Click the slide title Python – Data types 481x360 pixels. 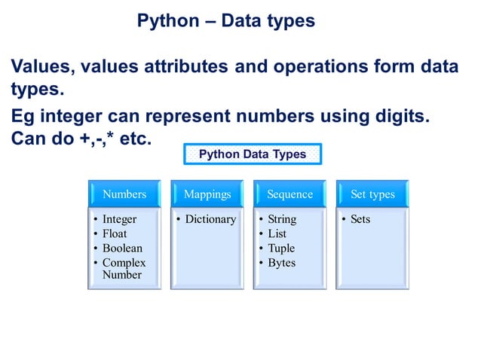tap(225, 21)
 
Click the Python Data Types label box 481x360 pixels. tap(253, 154)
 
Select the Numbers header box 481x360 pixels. tap(124, 194)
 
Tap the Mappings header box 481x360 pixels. tap(207, 194)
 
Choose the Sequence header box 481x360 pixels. tap(290, 194)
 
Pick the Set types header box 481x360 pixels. tap(372, 194)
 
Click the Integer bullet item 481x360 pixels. tap(119, 219)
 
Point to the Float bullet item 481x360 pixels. tap(115, 233)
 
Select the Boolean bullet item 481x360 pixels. tap(122, 248)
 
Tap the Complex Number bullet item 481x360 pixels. tap(124, 269)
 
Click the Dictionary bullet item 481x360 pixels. tap(210, 219)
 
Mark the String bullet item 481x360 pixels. tap(282, 219)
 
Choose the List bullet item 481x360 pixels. tap(277, 233)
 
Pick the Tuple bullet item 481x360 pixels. tap(281, 248)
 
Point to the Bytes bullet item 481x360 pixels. tap(281, 263)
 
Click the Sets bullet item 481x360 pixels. tap(360, 219)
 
